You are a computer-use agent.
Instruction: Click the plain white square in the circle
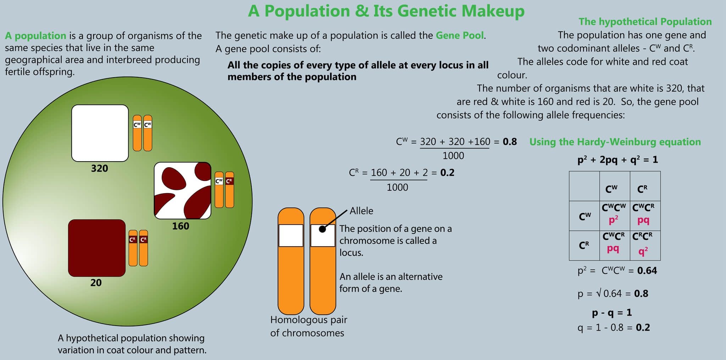point(100,133)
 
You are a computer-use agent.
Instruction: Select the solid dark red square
point(97,248)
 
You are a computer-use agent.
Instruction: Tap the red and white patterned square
point(183,191)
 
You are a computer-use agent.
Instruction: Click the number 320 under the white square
point(100,168)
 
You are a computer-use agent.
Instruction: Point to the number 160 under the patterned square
point(180,226)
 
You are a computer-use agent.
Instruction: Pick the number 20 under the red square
point(96,283)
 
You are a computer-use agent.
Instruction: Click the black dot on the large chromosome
point(322,229)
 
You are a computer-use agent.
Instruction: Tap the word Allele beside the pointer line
point(361,211)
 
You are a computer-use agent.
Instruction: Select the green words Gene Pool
point(460,35)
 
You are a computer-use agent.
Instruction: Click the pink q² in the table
point(643,251)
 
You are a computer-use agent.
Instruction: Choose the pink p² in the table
point(613,220)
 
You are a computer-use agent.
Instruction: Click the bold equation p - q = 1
point(612,313)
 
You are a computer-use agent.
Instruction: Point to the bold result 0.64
point(647,271)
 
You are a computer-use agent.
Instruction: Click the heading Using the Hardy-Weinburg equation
point(615,142)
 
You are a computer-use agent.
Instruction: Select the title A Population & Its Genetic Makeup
point(386,11)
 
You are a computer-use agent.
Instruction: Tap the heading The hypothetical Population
point(645,22)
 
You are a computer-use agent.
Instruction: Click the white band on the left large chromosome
point(291,236)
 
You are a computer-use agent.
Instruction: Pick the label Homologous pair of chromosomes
point(308,326)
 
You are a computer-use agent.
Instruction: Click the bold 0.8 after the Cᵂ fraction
point(510,142)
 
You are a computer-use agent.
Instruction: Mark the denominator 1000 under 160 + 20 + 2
point(397,187)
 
